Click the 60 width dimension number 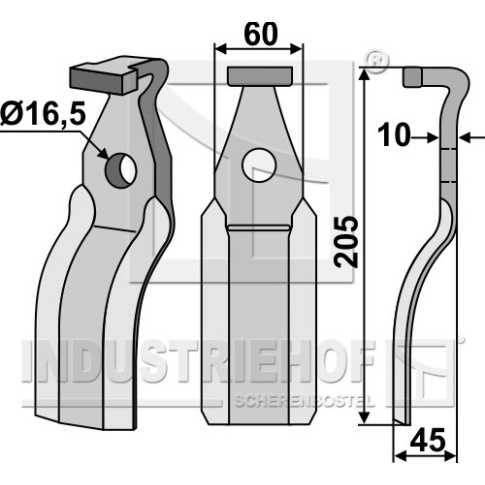[261, 34]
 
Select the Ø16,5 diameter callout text [43, 114]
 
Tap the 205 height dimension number [347, 242]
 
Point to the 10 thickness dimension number [393, 135]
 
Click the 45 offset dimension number [427, 440]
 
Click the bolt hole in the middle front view [260, 165]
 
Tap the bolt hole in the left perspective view [121, 170]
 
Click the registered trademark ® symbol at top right [377, 61]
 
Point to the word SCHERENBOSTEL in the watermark [305, 401]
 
